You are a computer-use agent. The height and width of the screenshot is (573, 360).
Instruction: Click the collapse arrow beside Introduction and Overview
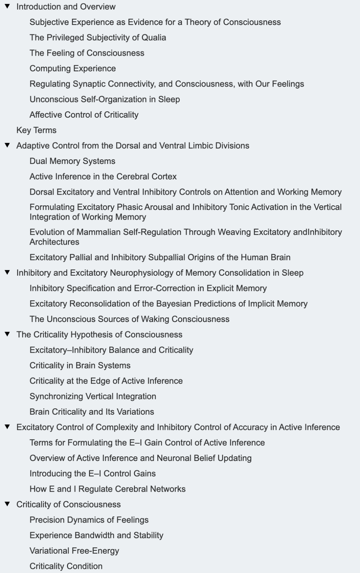tap(7, 6)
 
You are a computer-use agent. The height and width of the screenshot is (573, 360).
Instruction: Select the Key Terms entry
tap(36, 130)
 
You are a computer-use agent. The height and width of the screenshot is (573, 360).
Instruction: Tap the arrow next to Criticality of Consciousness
tap(7, 504)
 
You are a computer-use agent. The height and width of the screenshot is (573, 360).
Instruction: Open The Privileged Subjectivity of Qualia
tap(98, 37)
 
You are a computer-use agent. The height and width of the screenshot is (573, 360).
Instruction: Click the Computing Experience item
tap(73, 68)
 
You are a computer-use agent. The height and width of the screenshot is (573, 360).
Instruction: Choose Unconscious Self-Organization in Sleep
tap(105, 99)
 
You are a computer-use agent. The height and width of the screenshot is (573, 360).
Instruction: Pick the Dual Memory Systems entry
tap(72, 161)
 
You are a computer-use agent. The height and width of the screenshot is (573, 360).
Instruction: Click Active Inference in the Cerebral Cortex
tap(103, 176)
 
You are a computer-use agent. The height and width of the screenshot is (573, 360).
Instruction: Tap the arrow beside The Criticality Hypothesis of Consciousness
tap(7, 334)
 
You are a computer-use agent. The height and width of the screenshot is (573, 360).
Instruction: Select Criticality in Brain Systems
tap(80, 365)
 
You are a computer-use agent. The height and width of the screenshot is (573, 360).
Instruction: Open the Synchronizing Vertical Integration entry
tap(93, 396)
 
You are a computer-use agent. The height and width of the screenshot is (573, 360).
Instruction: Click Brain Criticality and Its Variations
tap(92, 412)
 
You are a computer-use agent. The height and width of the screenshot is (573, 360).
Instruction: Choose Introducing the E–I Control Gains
tap(92, 473)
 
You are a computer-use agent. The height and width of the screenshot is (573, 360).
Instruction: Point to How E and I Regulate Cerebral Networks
tap(107, 489)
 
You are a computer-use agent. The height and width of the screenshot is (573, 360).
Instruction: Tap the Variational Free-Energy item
tap(74, 551)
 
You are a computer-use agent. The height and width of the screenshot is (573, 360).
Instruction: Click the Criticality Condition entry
tap(66, 566)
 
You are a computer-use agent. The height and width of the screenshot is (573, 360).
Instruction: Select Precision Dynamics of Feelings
tap(89, 520)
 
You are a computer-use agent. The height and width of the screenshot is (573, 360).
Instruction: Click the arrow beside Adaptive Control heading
tap(7, 145)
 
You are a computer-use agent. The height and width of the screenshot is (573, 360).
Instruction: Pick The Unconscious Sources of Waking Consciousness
tap(129, 319)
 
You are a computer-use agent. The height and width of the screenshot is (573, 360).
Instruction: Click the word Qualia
tap(154, 37)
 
